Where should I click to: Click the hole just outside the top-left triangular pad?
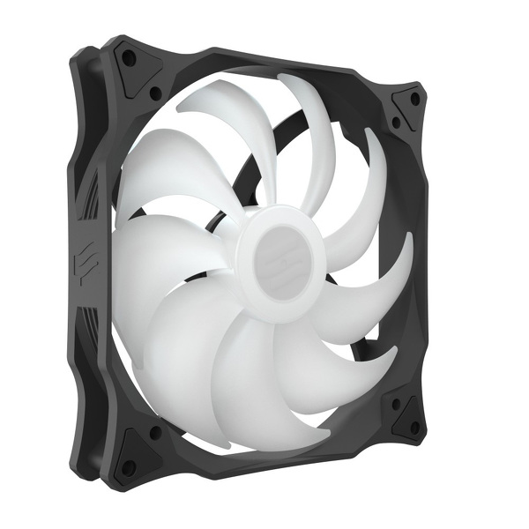(x=155, y=92)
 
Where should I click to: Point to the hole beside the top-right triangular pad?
(x=396, y=123)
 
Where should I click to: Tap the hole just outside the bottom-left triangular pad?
(x=156, y=433)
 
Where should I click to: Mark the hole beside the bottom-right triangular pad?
(x=396, y=405)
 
